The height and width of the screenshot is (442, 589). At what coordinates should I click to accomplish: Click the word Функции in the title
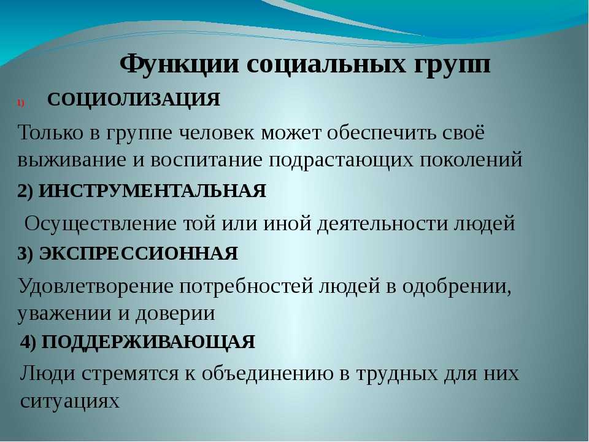180,64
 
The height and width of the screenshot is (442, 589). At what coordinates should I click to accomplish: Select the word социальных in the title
326,64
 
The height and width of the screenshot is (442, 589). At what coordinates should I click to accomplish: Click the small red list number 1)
20,103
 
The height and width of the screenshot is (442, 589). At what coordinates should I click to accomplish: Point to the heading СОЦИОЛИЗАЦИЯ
134,99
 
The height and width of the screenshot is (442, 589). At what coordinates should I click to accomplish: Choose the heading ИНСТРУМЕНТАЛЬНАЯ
153,191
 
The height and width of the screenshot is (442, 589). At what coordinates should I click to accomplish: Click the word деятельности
382,224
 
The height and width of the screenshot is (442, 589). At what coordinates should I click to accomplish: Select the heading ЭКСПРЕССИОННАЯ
139,254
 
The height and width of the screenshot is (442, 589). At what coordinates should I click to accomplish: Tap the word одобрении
456,287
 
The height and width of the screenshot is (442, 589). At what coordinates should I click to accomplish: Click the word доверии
175,314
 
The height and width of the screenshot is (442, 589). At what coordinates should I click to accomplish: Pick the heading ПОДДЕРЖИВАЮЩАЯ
148,343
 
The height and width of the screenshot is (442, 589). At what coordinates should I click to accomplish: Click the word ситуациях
70,401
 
